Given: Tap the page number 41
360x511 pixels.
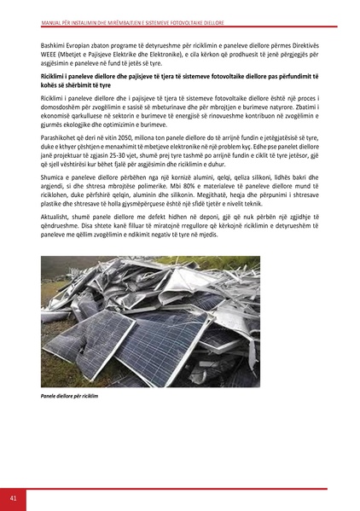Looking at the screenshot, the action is coord(15,498).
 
